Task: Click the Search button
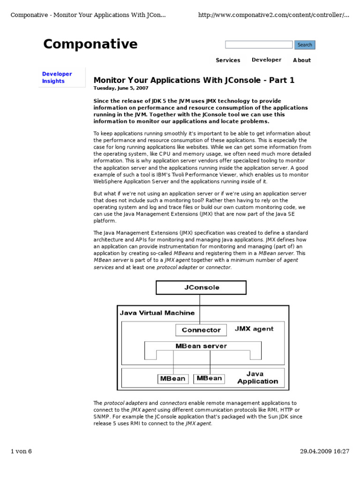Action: (305, 45)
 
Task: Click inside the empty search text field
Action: (258, 45)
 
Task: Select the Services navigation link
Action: (228, 60)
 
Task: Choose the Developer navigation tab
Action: (266, 60)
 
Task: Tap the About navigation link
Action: (301, 60)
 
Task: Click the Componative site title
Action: (90, 44)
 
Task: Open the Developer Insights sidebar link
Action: (57, 77)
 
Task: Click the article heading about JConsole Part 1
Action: (194, 80)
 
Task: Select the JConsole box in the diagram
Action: (201, 287)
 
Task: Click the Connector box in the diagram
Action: (201, 330)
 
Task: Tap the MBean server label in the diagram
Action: (201, 346)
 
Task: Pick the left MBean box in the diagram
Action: (173, 378)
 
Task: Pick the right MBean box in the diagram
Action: (209, 378)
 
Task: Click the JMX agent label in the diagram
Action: (254, 329)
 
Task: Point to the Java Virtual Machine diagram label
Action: (157, 313)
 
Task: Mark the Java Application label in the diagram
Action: (257, 378)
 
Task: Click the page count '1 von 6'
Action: (21, 451)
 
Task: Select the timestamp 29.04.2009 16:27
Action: (324, 451)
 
